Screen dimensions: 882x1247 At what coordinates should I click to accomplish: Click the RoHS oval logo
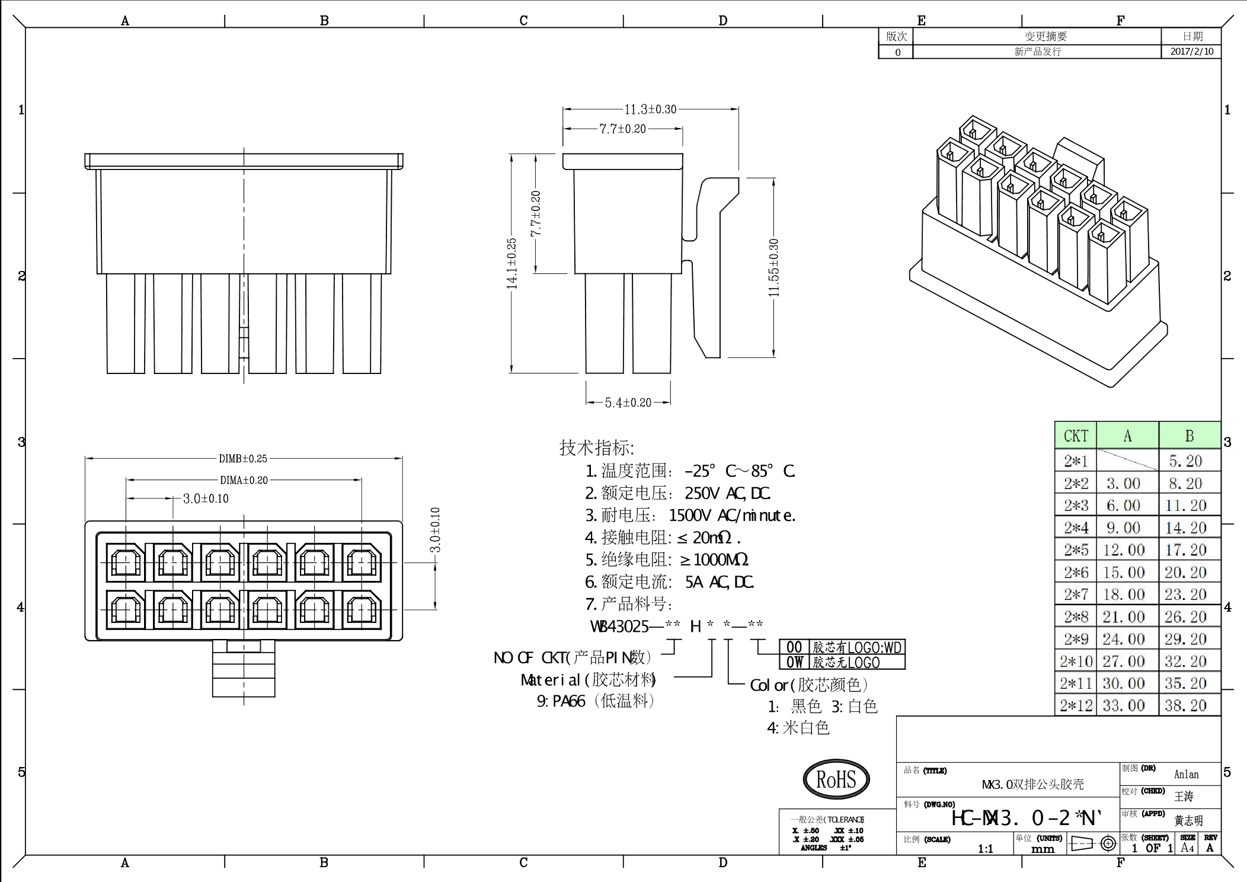(836, 779)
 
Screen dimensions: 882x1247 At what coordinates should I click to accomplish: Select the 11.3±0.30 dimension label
(650, 109)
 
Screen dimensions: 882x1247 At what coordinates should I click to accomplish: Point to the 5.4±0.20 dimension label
(628, 403)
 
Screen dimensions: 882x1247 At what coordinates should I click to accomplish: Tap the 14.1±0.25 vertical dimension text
(512, 264)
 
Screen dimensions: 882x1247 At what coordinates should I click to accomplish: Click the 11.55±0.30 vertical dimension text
(773, 268)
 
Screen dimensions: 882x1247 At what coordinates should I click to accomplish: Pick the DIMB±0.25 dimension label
(243, 458)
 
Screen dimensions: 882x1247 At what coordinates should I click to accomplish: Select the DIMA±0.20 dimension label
(244, 480)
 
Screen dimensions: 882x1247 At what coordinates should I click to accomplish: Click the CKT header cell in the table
(1076, 436)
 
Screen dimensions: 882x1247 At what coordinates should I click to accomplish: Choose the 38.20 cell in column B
(1185, 705)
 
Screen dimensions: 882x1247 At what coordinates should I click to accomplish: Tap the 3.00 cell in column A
(1124, 484)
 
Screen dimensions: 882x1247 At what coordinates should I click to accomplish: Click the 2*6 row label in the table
(1076, 573)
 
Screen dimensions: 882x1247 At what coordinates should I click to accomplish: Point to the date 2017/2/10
(1191, 52)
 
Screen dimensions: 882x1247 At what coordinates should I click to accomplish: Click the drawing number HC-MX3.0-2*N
(1027, 819)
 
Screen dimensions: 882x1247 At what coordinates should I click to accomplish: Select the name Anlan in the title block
(1186, 774)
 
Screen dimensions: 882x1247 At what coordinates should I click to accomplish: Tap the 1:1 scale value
(985, 849)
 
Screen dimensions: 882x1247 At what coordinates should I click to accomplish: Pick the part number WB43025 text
(620, 626)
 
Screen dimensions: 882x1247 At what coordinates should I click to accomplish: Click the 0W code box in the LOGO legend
(794, 662)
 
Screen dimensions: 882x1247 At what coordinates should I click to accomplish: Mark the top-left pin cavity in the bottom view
(126, 562)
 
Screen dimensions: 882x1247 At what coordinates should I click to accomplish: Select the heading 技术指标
(596, 448)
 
